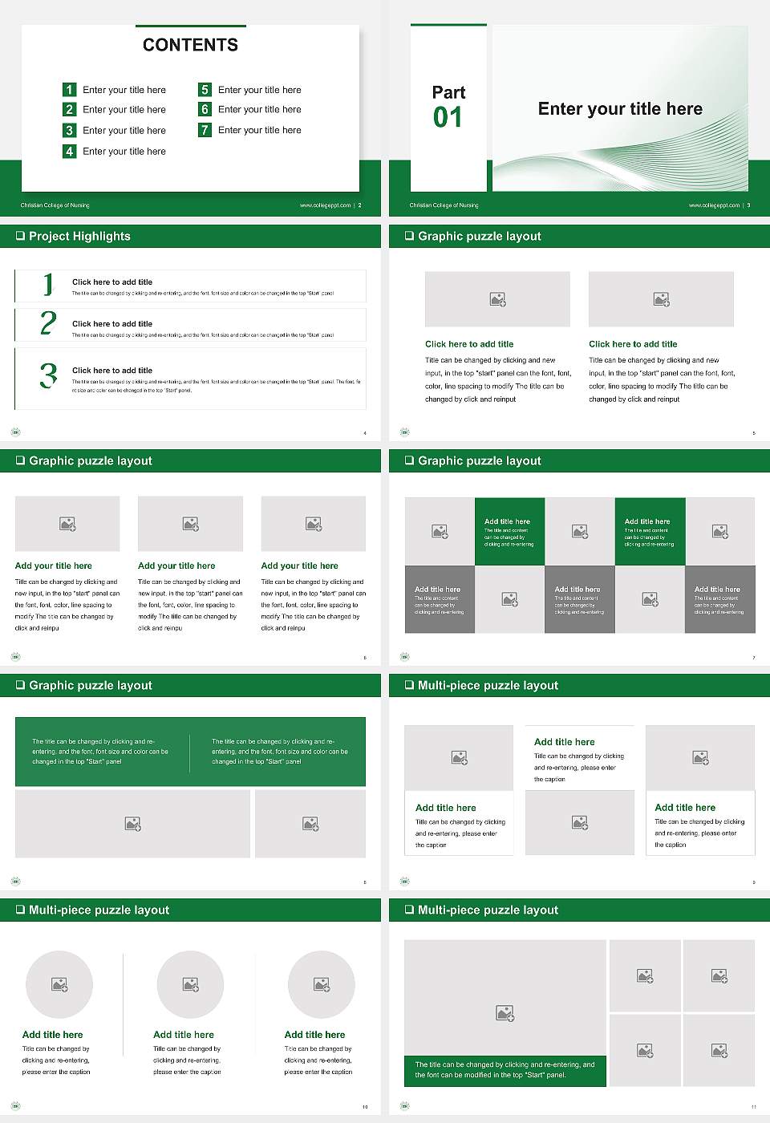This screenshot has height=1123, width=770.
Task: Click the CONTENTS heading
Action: point(190,45)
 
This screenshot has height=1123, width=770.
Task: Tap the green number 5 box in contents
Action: point(205,90)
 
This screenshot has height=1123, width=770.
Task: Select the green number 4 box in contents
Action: point(70,151)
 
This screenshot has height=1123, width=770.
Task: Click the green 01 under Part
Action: point(448,118)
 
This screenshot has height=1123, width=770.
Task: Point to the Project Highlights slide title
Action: point(79,237)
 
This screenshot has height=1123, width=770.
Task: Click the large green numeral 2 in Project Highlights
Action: point(48,323)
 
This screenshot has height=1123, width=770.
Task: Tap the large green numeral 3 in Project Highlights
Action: point(48,375)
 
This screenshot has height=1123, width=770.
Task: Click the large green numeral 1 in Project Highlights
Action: point(48,284)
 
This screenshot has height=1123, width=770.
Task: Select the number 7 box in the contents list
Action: point(205,130)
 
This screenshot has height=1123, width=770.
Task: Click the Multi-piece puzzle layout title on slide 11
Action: point(488,910)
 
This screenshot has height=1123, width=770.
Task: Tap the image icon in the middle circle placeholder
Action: point(190,984)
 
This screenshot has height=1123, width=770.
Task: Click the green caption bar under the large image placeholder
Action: point(505,1070)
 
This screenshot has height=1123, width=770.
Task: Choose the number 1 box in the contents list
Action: point(70,90)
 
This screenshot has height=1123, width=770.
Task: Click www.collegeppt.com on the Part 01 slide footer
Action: point(714,205)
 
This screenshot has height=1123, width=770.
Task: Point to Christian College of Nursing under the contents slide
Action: point(55,205)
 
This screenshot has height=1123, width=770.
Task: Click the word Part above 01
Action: point(448,92)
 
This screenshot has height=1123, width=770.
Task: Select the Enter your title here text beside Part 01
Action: point(620,109)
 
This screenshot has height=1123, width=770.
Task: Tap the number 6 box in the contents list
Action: point(205,109)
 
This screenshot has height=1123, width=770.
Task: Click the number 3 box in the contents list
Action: point(70,130)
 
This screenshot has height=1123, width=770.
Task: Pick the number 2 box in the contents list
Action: point(70,109)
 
